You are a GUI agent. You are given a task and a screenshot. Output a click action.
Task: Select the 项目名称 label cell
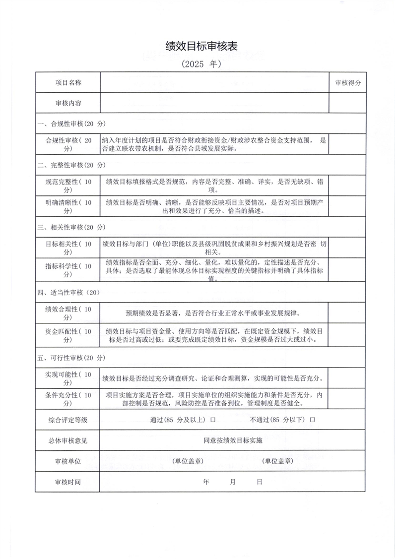click(68, 83)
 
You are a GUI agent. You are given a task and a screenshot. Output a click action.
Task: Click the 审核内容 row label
click(68, 103)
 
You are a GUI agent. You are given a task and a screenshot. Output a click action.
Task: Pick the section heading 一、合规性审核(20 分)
click(71, 124)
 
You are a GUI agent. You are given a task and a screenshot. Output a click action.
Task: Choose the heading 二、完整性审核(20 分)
click(71, 165)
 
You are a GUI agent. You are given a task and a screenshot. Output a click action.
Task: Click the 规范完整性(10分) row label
click(68, 186)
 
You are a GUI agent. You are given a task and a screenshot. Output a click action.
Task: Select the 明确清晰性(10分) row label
click(68, 206)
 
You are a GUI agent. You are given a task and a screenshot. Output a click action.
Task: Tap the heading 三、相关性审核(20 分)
click(71, 227)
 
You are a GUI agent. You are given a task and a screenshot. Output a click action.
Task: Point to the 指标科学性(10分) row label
click(68, 270)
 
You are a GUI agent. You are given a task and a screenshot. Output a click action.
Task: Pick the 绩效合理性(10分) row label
click(68, 313)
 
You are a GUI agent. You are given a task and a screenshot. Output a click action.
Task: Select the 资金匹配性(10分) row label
click(68, 336)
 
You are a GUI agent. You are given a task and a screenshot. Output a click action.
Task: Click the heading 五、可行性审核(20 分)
click(71, 357)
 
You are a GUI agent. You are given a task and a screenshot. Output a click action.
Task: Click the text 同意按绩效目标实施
click(233, 440)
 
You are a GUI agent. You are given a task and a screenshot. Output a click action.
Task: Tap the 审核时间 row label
click(68, 482)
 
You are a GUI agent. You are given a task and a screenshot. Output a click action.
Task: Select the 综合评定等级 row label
click(68, 420)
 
